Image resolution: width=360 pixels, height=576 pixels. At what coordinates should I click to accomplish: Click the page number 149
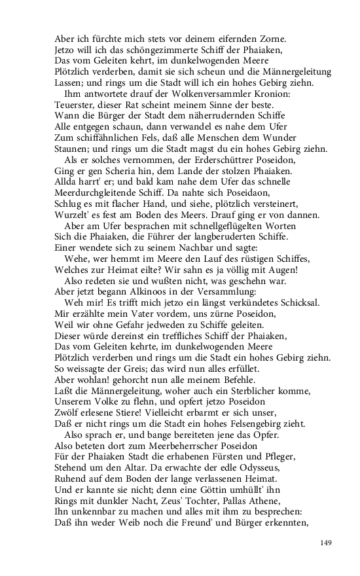326,542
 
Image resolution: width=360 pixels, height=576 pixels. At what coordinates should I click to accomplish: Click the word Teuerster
76,105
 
